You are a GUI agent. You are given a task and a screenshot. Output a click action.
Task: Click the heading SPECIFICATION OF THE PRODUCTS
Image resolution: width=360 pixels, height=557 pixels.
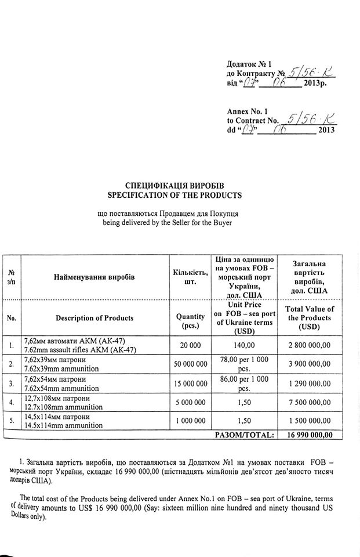tap(174, 196)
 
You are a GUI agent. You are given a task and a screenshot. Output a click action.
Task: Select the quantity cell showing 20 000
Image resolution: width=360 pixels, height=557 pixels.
tap(190, 345)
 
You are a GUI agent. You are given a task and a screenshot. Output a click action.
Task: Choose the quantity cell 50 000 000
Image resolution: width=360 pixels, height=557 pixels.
tap(190, 364)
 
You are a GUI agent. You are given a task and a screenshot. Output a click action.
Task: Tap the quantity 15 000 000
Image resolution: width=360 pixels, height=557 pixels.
tap(190, 384)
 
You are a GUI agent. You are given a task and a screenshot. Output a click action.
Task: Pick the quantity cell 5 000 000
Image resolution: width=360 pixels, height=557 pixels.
tap(190, 402)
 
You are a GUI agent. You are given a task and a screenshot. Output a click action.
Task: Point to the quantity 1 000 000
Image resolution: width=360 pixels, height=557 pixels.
tap(190, 421)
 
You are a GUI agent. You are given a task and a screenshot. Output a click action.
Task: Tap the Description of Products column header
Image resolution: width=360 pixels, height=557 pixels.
tap(94, 318)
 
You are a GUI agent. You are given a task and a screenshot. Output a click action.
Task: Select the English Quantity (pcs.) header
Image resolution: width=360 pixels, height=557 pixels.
tap(190, 321)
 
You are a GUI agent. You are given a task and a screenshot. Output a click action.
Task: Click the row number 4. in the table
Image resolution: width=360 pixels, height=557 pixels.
tap(12, 402)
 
